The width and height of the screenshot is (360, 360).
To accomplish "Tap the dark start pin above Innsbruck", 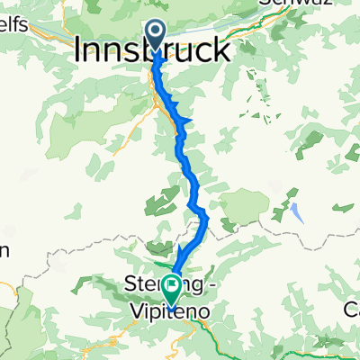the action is click(156, 34).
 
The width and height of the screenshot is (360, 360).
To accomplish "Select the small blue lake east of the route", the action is click(296, 212).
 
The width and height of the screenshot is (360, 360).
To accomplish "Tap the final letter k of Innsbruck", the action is click(220, 49).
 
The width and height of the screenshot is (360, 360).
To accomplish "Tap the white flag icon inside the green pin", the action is click(172, 288).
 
